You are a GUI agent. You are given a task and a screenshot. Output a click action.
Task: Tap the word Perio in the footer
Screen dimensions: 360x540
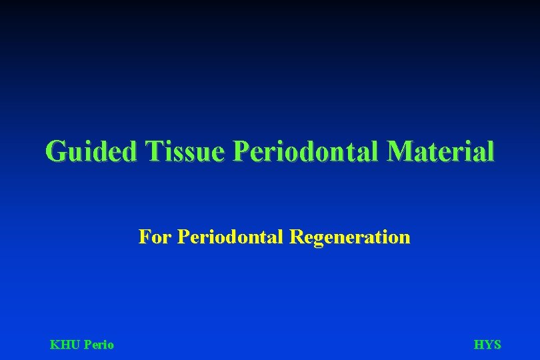[99, 345]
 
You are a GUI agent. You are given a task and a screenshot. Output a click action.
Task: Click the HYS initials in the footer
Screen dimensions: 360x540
[487, 345]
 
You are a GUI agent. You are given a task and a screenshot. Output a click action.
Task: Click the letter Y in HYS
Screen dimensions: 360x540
[488, 345]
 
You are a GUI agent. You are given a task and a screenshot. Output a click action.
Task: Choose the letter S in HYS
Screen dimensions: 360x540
[497, 345]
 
